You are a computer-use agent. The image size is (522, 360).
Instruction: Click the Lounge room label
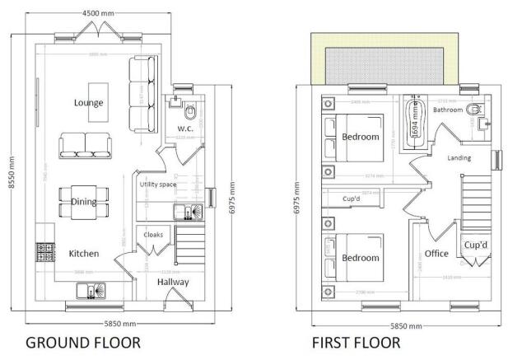[88, 103]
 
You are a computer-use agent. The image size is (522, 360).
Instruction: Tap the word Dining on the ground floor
[84, 202]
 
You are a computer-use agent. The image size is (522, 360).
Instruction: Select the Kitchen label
[84, 254]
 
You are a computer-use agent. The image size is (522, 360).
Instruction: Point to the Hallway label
[174, 283]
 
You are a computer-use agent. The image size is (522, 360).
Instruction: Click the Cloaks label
[153, 235]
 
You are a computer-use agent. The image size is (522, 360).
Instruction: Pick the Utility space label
[158, 185]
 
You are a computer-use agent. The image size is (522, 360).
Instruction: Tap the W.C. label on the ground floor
[185, 129]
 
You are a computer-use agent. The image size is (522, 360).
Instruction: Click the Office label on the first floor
[436, 254]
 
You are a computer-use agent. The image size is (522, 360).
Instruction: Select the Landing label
[459, 157]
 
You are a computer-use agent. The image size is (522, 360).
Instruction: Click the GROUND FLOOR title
[82, 341]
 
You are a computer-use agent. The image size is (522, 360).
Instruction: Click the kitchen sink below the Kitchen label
[87, 290]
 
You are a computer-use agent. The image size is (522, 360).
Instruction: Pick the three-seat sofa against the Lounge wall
[141, 93]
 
